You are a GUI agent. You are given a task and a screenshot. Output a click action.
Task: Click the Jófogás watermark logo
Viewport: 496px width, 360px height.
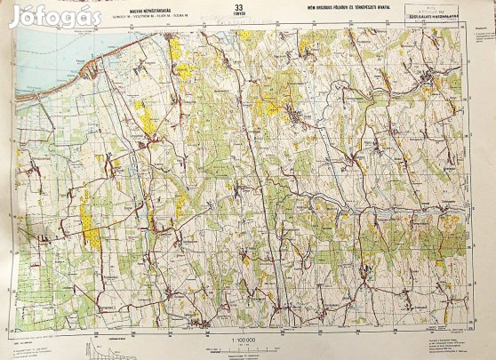[54, 15]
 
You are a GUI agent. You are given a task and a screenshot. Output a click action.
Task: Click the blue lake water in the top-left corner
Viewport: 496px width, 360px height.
[36, 53]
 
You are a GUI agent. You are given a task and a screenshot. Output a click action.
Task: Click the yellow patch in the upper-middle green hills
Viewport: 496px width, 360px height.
[267, 107]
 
